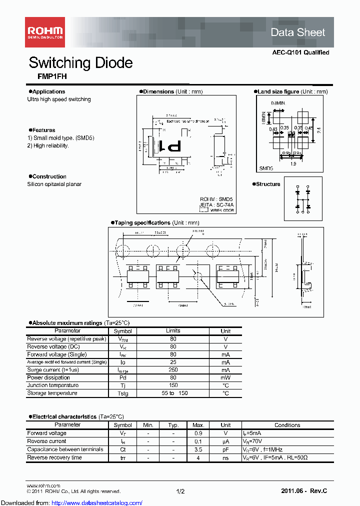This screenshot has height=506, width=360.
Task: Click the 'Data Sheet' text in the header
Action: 297,32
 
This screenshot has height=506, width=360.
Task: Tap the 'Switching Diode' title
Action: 80,62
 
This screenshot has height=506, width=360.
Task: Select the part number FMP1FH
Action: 47,76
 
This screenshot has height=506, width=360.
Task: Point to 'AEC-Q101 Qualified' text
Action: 300,52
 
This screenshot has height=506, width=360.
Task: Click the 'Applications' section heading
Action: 48,91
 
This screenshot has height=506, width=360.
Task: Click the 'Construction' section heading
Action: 49,176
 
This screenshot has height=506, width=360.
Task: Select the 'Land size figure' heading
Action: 278,91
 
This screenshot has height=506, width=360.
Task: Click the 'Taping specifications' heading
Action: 142,222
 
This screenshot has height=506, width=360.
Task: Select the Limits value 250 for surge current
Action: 173,369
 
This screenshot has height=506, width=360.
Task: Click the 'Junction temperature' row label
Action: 52,385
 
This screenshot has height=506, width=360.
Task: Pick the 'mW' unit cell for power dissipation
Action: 225,377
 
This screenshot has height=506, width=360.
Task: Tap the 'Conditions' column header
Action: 287,425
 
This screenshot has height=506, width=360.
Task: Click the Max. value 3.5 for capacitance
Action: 198,449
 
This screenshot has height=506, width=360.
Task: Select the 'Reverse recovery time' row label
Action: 54,457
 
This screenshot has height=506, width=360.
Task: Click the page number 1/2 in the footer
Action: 180,491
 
